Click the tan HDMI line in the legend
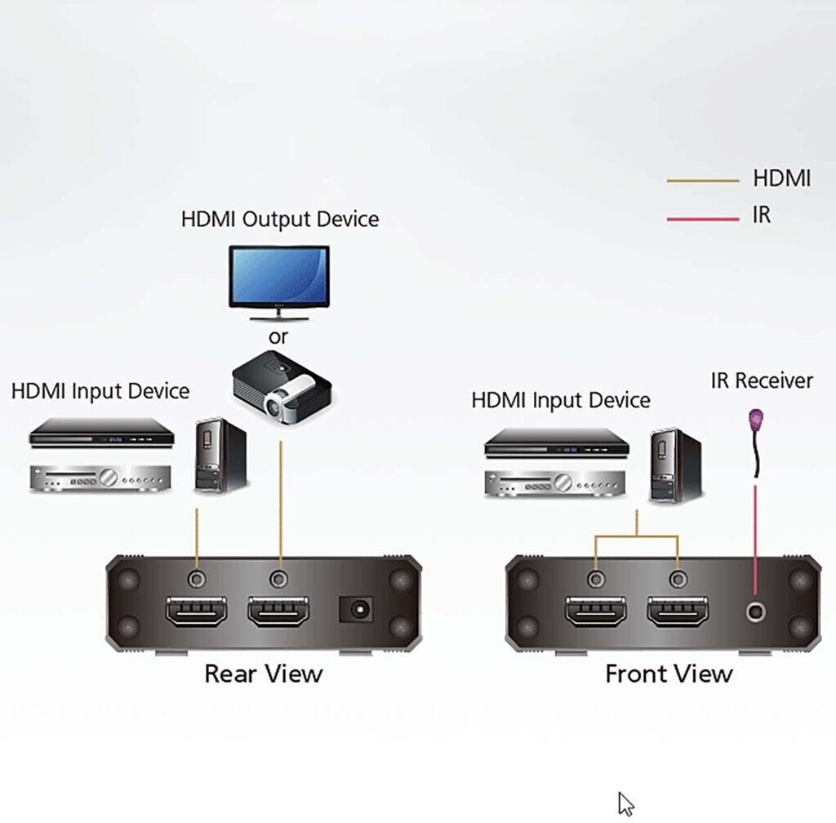[x=703, y=180]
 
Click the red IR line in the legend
[x=703, y=218]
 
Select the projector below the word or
[x=282, y=387]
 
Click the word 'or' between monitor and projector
[x=278, y=336]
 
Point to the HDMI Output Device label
[x=280, y=219]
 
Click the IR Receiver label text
[x=762, y=380]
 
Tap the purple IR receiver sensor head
[x=758, y=421]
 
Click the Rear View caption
[x=263, y=674]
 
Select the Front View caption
[x=669, y=674]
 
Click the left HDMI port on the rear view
[x=197, y=612]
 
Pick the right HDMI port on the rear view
[x=279, y=612]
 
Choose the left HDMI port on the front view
[x=597, y=612]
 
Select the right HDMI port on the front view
[x=678, y=612]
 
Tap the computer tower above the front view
[x=675, y=465]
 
